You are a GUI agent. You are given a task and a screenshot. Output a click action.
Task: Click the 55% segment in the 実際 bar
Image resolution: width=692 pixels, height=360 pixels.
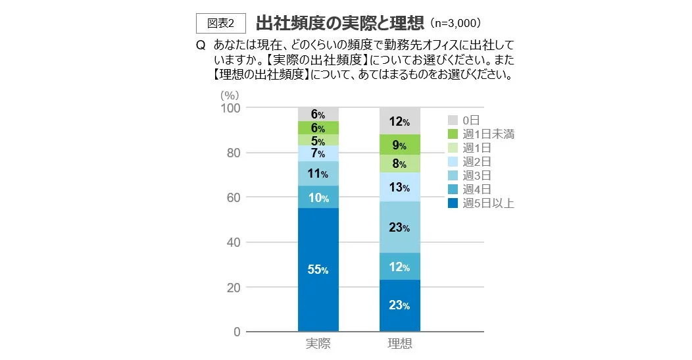[318, 270]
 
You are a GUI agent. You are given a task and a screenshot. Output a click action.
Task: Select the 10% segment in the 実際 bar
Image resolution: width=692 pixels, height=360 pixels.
[318, 197]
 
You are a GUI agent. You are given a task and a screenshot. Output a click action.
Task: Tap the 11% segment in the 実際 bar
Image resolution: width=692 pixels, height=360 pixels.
[318, 174]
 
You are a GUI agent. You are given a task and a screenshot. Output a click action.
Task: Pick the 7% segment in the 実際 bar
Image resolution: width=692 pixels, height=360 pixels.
[318, 153]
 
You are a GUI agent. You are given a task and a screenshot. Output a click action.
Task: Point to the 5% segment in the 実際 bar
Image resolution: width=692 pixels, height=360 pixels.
[318, 140]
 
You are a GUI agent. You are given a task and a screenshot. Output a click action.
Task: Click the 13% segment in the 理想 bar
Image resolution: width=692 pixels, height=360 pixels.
[400, 188]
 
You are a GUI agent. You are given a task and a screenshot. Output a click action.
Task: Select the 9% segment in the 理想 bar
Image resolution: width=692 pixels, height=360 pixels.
[400, 145]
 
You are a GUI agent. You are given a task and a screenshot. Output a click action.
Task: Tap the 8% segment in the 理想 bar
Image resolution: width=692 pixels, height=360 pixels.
[400, 164]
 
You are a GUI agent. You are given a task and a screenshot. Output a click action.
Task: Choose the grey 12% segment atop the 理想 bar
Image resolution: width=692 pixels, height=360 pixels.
[400, 121]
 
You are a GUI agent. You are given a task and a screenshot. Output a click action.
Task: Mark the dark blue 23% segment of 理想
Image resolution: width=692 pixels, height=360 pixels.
[400, 305]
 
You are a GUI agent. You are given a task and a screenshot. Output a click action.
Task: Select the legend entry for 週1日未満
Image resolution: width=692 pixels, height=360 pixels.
[481, 134]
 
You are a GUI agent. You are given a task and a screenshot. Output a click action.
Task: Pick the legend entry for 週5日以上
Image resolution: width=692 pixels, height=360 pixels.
[481, 203]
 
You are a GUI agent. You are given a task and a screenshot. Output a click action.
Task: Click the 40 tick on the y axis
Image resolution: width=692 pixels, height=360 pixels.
[234, 242]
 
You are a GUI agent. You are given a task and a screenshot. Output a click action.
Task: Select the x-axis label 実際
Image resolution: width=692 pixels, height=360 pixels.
[318, 344]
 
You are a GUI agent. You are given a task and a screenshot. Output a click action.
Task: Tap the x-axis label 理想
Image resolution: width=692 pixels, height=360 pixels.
[400, 344]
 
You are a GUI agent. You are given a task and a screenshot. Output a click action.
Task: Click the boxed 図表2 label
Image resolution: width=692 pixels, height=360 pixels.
[221, 22]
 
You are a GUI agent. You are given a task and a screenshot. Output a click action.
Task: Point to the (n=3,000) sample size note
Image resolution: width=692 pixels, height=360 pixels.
[459, 23]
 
